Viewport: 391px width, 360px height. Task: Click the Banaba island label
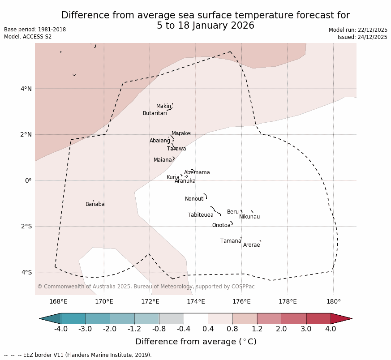tap(95, 204)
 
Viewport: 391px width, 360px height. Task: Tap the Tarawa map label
tap(176, 149)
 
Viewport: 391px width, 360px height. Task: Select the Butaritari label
tap(155, 113)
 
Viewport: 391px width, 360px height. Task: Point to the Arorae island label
tap(251, 245)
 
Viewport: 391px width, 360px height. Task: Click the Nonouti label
tap(195, 199)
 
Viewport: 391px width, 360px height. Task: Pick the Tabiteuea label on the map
tap(201, 215)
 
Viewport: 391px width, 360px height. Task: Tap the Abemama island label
tap(197, 172)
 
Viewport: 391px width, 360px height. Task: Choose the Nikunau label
tap(249, 217)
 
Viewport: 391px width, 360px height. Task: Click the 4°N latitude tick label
tap(26, 89)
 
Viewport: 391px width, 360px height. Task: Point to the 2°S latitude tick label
tap(26, 226)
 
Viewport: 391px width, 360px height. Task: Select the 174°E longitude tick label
tap(196, 301)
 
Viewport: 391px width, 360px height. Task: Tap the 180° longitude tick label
tap(333, 301)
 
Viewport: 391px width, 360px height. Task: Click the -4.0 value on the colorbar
tap(61, 329)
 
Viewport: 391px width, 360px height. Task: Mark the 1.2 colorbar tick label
tap(257, 329)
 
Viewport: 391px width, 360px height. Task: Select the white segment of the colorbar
tap(196, 318)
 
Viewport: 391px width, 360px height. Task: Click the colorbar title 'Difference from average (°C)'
tap(196, 342)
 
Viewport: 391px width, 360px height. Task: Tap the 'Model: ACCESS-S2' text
tap(28, 37)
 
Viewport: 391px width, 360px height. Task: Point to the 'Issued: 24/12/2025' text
tap(362, 37)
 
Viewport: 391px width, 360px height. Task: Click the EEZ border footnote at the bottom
tap(78, 355)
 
